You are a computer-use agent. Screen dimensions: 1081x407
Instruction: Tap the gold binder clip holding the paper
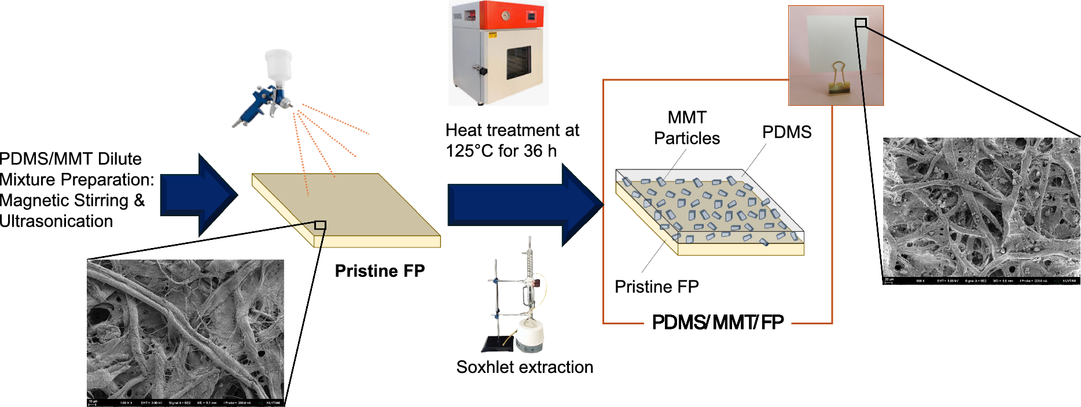point(837,79)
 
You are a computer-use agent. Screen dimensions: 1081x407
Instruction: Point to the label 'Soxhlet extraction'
point(524,367)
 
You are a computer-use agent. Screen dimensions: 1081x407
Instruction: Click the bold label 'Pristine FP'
point(380,271)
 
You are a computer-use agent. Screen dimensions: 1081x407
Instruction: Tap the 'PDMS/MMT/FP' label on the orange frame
point(718,322)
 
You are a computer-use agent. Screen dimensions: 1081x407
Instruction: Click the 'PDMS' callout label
point(786,132)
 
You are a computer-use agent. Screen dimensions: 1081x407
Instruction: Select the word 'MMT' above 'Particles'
point(687,117)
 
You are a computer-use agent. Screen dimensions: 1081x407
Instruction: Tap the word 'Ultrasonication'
point(56,221)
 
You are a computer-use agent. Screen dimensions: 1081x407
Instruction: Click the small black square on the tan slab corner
point(320,225)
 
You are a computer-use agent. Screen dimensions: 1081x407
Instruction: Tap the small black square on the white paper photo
point(861,23)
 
